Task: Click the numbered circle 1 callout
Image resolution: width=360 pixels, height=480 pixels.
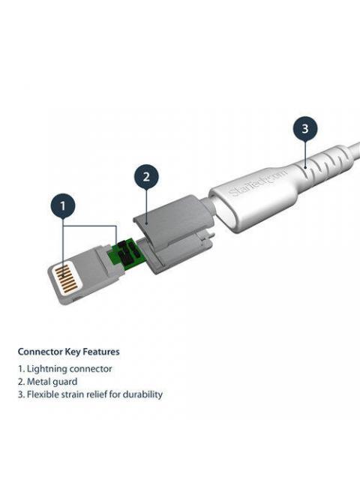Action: click(x=63, y=205)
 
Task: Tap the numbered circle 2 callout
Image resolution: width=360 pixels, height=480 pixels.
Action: click(x=146, y=177)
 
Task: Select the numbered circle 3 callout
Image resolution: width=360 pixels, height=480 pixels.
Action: click(x=305, y=128)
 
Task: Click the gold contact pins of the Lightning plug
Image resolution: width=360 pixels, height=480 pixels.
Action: click(x=67, y=278)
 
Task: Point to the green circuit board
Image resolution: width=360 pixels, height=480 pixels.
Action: click(x=125, y=253)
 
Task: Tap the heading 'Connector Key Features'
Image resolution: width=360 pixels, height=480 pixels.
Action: click(x=68, y=352)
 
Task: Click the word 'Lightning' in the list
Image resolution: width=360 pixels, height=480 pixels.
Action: click(x=46, y=369)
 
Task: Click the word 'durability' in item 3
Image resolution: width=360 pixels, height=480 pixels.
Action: click(x=142, y=394)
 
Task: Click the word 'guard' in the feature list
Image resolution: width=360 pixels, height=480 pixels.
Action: click(x=65, y=382)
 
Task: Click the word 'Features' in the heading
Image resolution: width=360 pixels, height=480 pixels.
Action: click(x=101, y=352)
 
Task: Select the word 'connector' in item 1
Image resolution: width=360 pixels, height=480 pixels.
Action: click(x=90, y=369)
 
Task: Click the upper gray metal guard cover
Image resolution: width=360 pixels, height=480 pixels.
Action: click(x=173, y=220)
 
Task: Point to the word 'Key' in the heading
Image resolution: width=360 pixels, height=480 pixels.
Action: click(x=73, y=352)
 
